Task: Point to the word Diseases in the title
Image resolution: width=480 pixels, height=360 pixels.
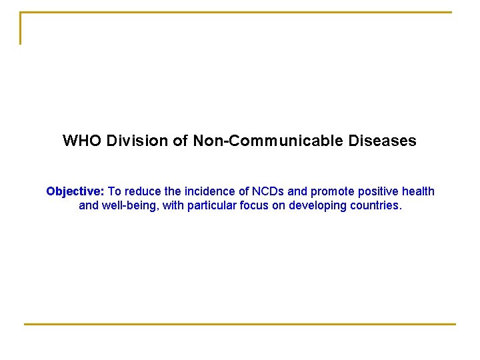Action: pos(382,141)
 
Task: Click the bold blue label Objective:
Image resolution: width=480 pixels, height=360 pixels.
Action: pos(75,192)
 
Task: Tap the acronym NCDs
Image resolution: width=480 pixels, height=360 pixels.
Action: pos(268,192)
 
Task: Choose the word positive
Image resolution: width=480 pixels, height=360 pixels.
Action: pos(377,192)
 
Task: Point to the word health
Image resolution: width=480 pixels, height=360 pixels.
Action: pos(419,192)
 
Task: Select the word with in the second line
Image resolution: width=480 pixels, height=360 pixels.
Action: pos(172,205)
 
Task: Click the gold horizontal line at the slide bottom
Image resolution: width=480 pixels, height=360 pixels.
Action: pos(240,324)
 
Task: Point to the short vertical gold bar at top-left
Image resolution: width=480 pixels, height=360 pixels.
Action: pos(21,29)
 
